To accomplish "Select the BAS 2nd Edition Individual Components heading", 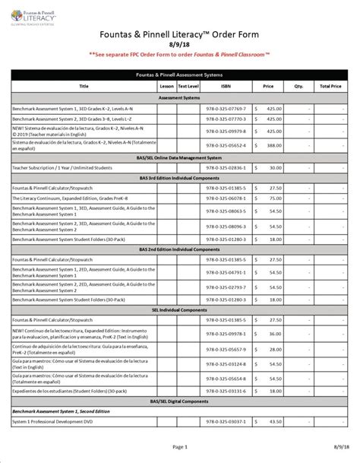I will [180, 249].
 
